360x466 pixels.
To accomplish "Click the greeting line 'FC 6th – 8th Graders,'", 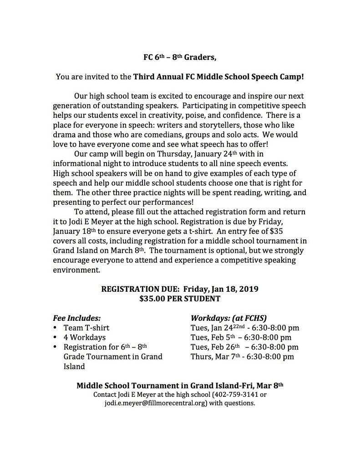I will point(180,58).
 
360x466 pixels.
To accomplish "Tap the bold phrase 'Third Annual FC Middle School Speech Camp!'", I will point(218,77).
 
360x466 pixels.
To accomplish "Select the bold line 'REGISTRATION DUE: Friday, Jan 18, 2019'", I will point(180,289).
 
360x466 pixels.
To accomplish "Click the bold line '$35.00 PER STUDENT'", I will point(180,299).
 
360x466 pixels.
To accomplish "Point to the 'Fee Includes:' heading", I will point(77,318).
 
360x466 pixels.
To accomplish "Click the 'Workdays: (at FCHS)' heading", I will point(228,318).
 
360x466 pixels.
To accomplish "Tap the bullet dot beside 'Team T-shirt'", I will point(55,328).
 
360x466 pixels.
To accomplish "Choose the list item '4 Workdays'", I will point(84,337).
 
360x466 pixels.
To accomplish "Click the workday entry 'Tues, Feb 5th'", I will point(214,337).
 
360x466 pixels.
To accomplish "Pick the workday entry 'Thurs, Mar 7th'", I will point(216,356).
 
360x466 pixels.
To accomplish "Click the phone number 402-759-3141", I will point(237,395).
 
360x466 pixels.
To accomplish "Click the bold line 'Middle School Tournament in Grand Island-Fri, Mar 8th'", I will point(180,385).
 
